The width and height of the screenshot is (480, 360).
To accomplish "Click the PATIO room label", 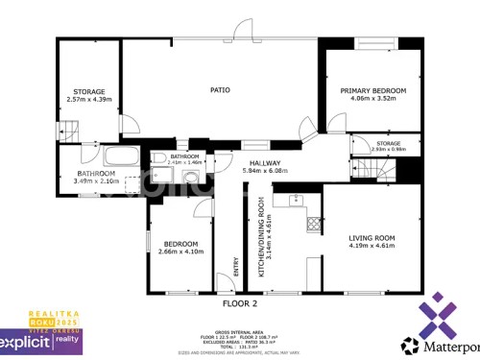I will [x=220, y=90].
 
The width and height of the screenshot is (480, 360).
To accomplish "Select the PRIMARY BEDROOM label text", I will [x=373, y=90].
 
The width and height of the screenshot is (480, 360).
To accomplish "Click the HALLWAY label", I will [x=265, y=163].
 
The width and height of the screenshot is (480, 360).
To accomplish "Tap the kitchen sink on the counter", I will [x=292, y=200].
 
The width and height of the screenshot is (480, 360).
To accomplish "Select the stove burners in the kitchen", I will [x=313, y=225].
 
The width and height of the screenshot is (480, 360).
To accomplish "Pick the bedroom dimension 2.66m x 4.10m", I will [x=180, y=252].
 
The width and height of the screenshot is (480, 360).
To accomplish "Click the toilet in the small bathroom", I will [x=157, y=159].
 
